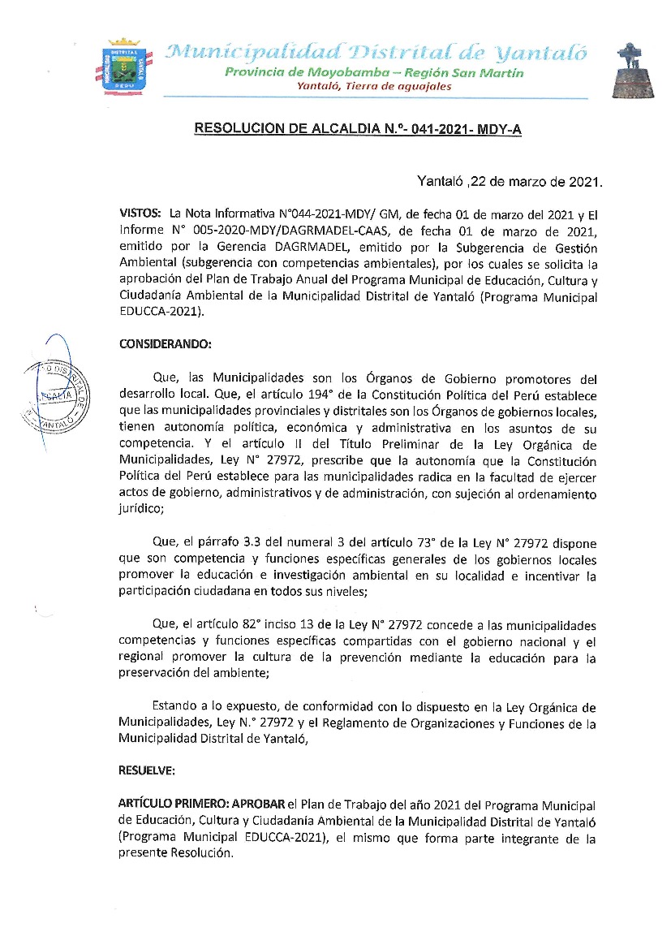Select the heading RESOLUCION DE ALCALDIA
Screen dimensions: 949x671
tap(358, 129)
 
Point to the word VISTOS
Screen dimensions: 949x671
tap(140, 213)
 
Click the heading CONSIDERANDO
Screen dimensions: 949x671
tap(165, 343)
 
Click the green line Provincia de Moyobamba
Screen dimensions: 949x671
tap(374, 73)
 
